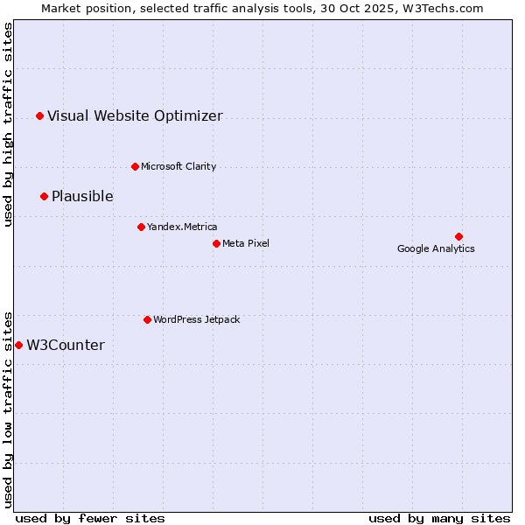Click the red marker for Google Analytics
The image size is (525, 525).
(458, 236)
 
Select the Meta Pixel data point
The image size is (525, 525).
(216, 243)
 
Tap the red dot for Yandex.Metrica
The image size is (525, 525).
(141, 227)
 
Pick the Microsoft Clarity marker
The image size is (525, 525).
(135, 166)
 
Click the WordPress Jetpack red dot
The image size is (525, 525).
(147, 319)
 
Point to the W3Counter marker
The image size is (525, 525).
(18, 345)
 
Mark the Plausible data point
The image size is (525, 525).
(44, 196)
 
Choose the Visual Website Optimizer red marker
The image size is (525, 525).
(39, 115)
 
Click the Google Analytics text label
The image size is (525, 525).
(436, 248)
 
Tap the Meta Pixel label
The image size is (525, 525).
(246, 243)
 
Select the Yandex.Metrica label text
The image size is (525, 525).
(182, 227)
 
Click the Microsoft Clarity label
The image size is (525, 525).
(178, 166)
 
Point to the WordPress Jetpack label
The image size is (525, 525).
(196, 319)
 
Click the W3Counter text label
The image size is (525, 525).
(66, 345)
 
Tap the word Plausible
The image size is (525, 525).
(82, 196)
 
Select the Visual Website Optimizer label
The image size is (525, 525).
(135, 115)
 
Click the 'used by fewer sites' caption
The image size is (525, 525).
(90, 518)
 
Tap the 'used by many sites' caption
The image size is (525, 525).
(439, 518)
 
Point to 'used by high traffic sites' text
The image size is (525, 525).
(8, 124)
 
